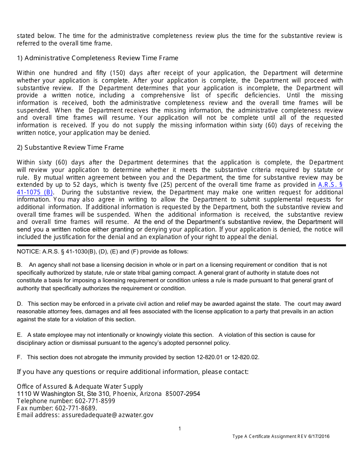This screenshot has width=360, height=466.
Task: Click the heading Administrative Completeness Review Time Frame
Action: click(97, 58)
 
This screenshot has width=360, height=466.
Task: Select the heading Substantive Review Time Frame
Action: click(70, 147)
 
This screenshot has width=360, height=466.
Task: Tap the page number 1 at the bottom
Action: click(180, 428)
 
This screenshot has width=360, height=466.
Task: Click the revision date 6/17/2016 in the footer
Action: click(319, 436)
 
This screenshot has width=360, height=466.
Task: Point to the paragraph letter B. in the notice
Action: click(20, 265)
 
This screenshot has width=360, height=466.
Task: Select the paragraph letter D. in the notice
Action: click(20, 304)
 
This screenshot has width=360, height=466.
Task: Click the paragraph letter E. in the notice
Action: click(20, 335)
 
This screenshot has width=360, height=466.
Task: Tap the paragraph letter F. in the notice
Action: click(19, 357)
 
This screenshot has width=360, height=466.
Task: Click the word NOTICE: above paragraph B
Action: click(28, 252)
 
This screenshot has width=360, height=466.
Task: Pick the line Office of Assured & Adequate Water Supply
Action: click(80, 386)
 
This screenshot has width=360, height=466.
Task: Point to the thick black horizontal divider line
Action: click(181, 245)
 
